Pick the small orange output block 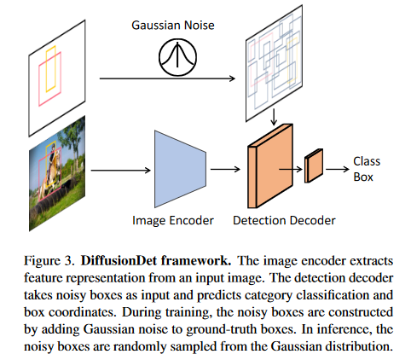[315, 163]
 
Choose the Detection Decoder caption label [284, 220]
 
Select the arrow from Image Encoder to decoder [224, 167]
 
